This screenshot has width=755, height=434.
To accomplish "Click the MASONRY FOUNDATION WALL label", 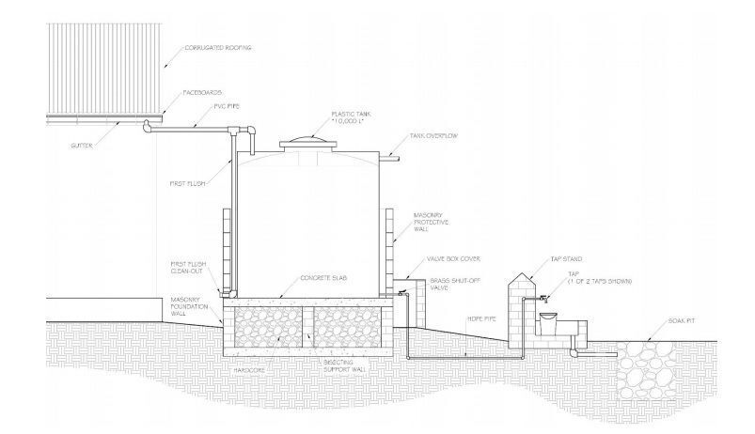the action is click(188, 309).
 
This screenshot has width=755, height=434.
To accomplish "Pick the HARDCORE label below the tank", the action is click(250, 368).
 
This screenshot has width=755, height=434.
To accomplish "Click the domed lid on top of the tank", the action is click(310, 140).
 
